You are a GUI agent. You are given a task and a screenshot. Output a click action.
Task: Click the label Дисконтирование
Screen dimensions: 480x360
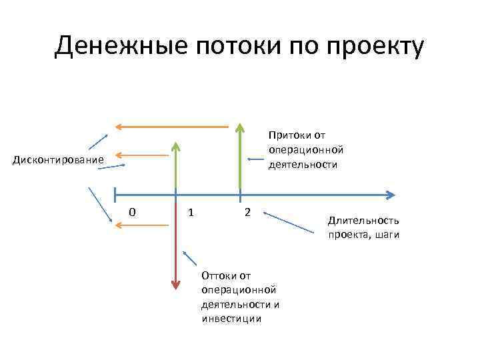59,159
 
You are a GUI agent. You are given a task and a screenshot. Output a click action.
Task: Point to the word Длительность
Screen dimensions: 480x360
363,220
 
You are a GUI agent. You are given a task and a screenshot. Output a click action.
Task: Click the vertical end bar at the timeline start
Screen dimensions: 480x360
115,195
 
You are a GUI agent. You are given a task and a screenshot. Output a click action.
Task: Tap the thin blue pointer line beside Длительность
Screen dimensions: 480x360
291,223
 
